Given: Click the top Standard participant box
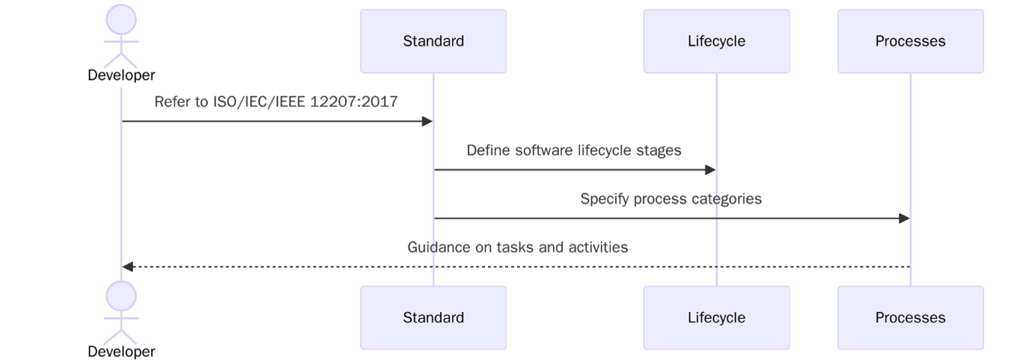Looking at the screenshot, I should click(x=433, y=41).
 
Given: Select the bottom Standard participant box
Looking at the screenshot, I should click(x=433, y=317).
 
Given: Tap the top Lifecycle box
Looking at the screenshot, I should click(x=716, y=41).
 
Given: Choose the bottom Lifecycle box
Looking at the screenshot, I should click(x=716, y=317).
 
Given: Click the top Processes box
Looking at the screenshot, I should click(x=910, y=41).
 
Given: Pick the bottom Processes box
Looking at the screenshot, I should click(x=910, y=317).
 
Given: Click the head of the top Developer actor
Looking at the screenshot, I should click(x=121, y=19).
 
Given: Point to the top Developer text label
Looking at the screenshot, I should click(x=121, y=75).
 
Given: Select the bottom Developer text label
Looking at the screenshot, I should click(x=121, y=351).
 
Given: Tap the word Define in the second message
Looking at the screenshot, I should click(x=487, y=150).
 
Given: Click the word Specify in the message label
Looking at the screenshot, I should click(x=604, y=199).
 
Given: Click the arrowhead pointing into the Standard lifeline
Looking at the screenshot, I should click(x=427, y=121).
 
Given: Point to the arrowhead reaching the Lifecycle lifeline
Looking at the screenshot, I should click(x=711, y=170).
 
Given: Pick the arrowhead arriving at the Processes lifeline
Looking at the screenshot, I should click(x=904, y=219).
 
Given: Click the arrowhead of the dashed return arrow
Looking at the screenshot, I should click(x=128, y=266).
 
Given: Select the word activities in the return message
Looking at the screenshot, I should click(x=599, y=247).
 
